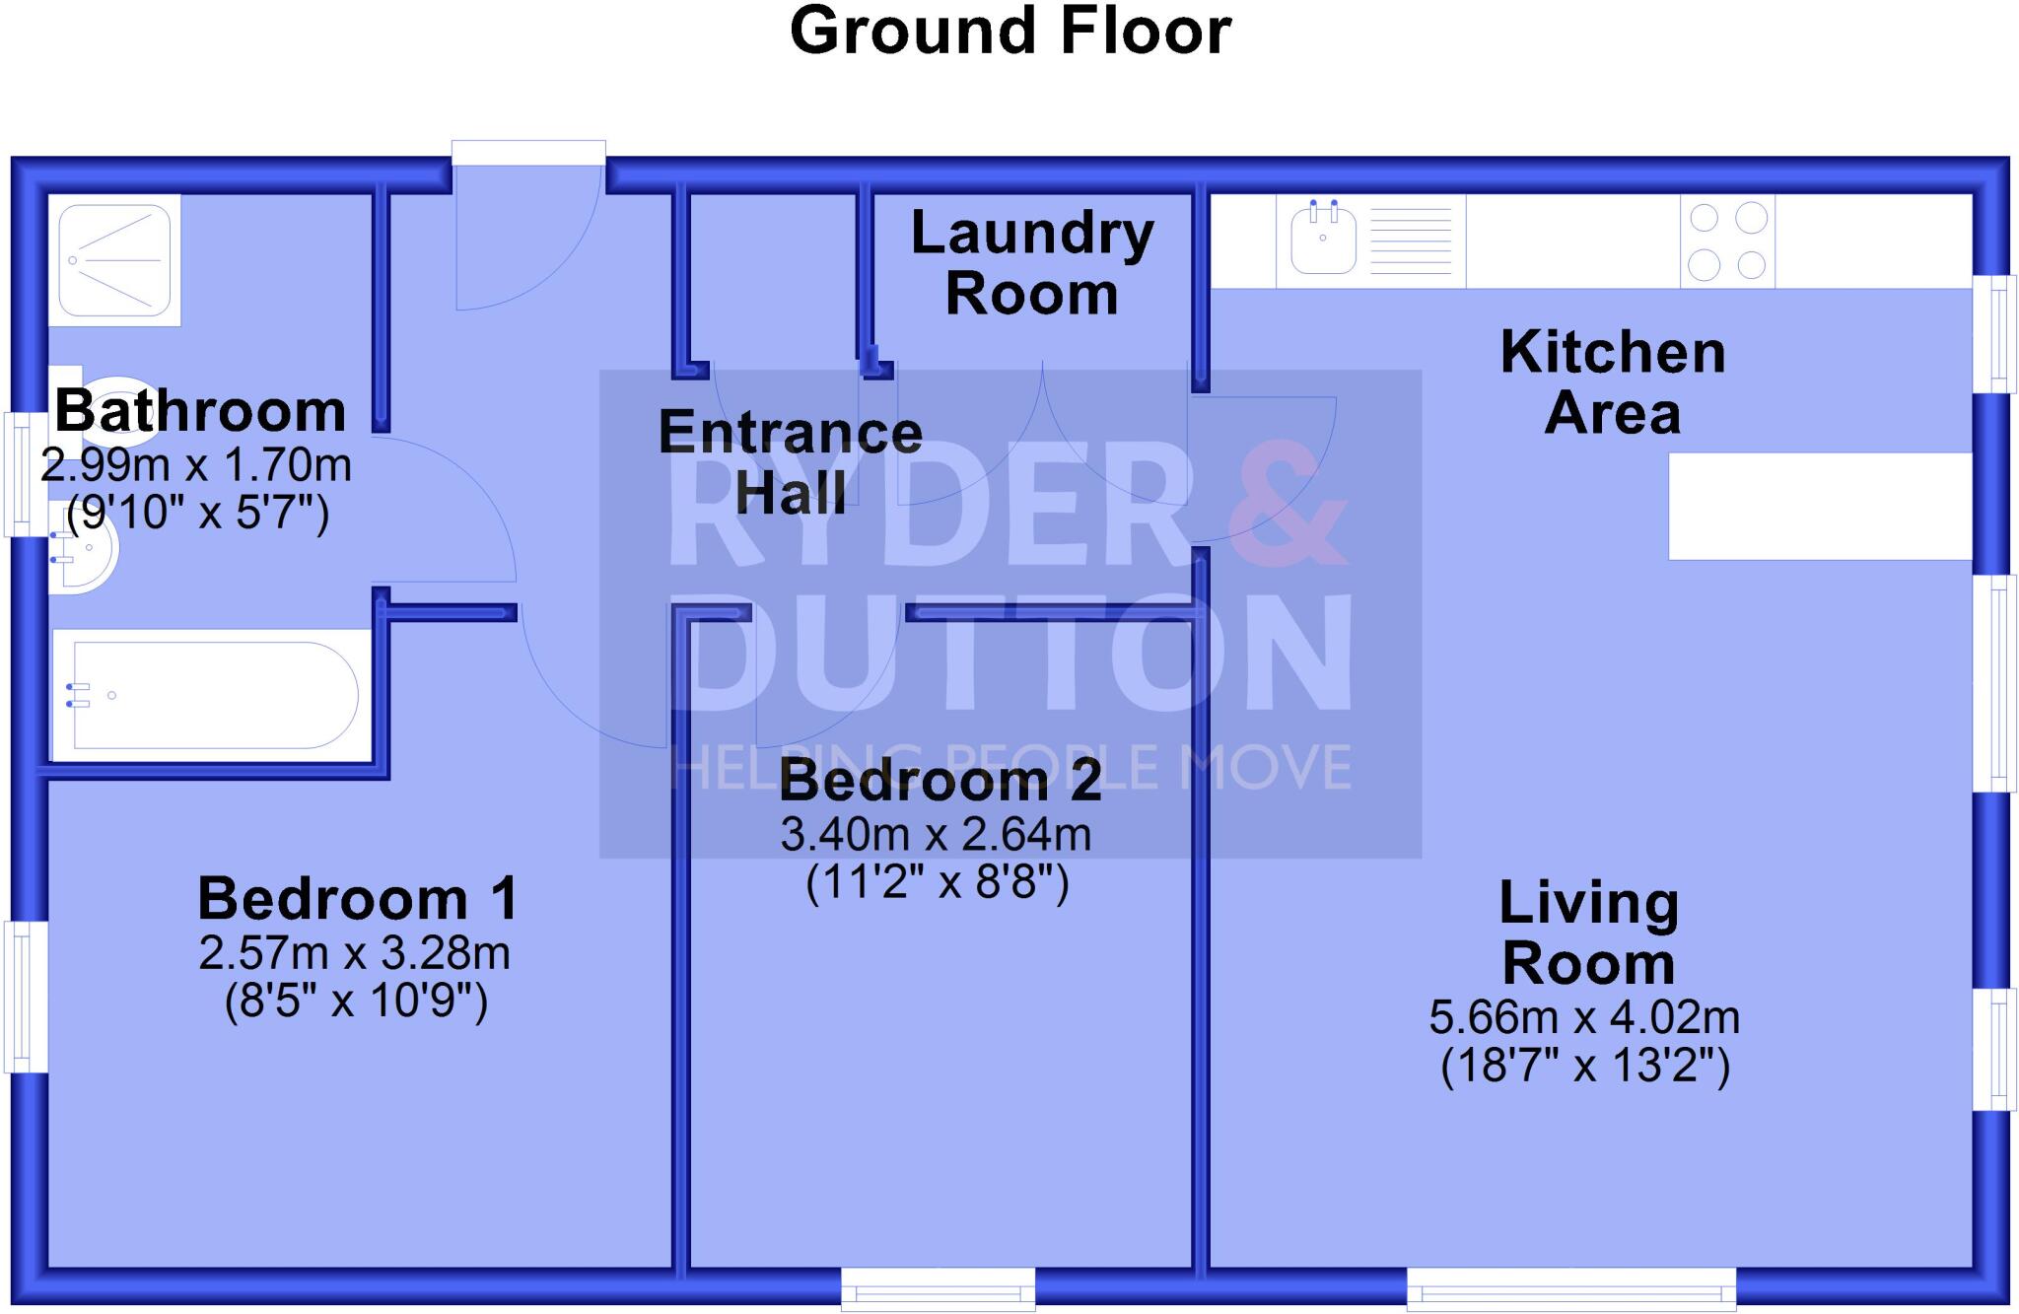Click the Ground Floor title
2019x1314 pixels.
1010,32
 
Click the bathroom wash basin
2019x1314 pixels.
85,552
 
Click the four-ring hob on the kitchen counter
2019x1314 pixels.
1727,242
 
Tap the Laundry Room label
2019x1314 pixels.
1032,264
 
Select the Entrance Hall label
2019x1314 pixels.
791,461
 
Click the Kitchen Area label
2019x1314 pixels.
1613,381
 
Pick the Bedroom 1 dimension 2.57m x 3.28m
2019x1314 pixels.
355,953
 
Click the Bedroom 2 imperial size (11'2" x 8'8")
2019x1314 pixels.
938,882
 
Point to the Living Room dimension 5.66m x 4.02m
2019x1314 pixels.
1584,1017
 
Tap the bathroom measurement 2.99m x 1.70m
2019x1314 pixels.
196,464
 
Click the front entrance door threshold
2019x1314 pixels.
528,153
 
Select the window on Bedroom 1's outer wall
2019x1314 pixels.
26,997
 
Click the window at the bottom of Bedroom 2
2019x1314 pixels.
938,1288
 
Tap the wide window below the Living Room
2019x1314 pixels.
1570,1288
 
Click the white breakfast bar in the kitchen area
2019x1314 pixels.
1820,506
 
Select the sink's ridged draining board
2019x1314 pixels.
1411,242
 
